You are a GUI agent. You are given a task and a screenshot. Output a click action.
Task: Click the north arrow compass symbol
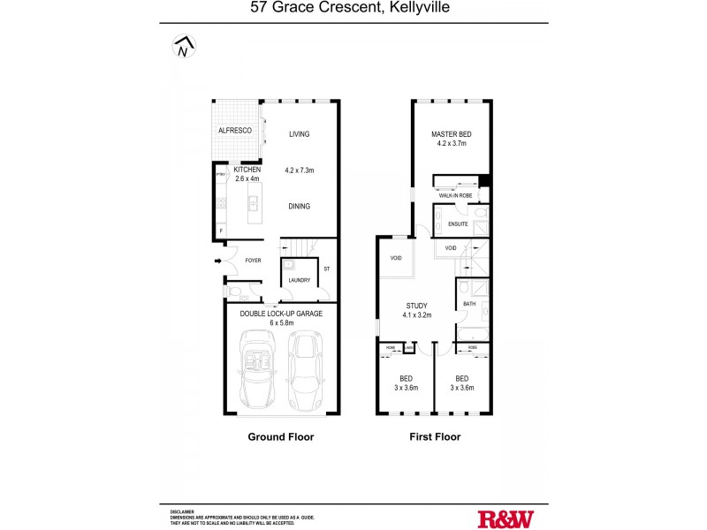pyautogui.click(x=183, y=48)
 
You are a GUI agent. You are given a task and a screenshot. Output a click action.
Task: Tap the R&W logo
pyautogui.click(x=506, y=519)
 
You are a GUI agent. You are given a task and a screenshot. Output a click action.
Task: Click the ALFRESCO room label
pyautogui.click(x=235, y=131)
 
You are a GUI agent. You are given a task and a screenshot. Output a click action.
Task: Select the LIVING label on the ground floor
pyautogui.click(x=300, y=134)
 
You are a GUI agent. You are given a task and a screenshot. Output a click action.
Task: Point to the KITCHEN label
pyautogui.click(x=247, y=169)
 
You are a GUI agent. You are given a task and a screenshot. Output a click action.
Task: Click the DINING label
pyautogui.click(x=299, y=206)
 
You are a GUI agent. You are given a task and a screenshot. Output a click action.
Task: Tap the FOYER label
pyautogui.click(x=254, y=261)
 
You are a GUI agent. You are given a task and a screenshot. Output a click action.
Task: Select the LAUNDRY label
pyautogui.click(x=299, y=280)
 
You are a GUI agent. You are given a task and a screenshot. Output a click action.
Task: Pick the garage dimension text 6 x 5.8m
pyautogui.click(x=281, y=322)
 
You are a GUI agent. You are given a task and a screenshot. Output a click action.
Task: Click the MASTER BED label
pyautogui.click(x=451, y=134)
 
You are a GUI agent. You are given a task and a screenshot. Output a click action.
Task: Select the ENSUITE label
pyautogui.click(x=458, y=224)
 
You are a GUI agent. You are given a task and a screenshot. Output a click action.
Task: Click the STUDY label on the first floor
pyautogui.click(x=416, y=306)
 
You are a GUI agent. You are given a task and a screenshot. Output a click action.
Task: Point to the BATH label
pyautogui.click(x=468, y=305)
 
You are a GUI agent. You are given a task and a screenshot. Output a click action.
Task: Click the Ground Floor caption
pyautogui.click(x=281, y=436)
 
